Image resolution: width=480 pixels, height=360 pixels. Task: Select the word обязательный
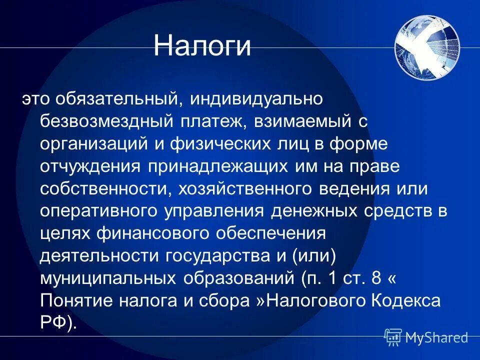coord(117,99)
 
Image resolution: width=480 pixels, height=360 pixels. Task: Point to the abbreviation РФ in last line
coord(52,322)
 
